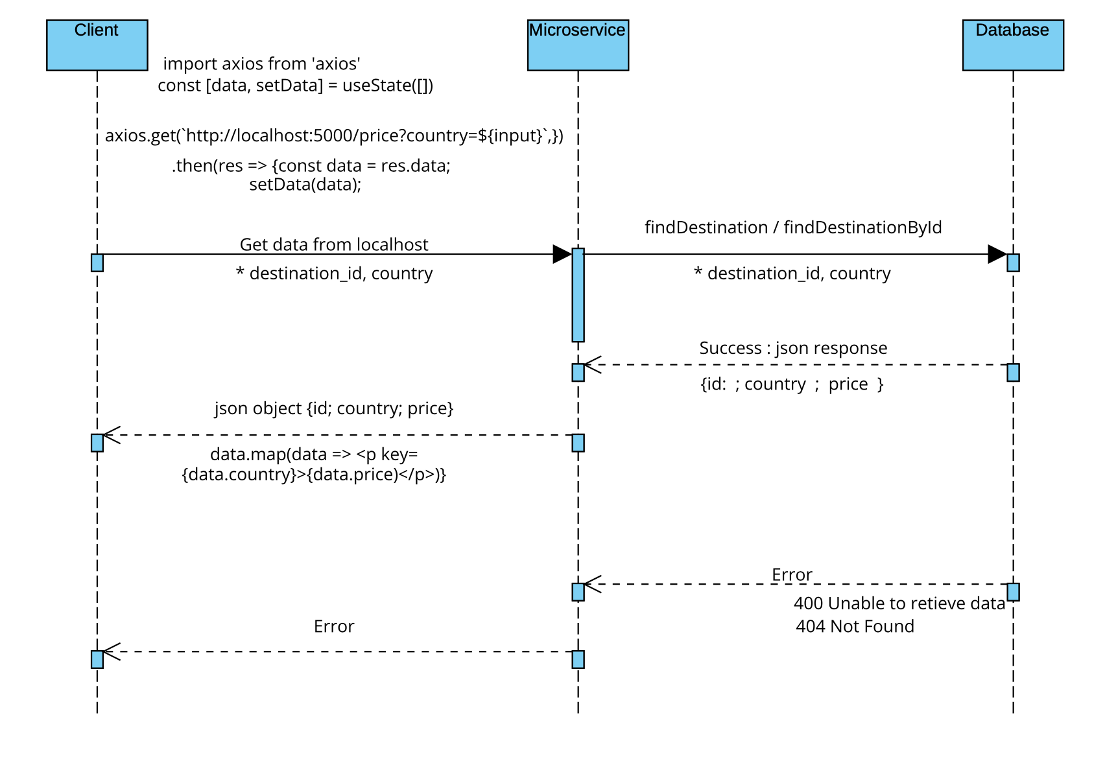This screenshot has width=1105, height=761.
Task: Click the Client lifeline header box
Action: tap(97, 45)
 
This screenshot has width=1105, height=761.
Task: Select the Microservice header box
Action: tap(578, 45)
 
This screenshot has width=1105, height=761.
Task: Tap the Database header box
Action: tap(1013, 45)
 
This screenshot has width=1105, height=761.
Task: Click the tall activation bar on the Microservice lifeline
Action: tap(578, 295)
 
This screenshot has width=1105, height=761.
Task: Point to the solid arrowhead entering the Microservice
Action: tap(562, 254)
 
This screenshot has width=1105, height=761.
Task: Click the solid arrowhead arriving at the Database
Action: tap(997, 254)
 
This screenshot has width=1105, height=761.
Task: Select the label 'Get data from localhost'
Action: tap(334, 244)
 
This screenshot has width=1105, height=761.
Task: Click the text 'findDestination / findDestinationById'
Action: tap(793, 228)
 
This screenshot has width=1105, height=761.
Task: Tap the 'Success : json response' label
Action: tap(793, 348)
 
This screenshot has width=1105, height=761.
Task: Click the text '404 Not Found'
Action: tap(855, 626)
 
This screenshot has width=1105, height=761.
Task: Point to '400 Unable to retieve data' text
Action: tap(899, 603)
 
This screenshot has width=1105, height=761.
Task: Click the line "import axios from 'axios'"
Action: tap(261, 64)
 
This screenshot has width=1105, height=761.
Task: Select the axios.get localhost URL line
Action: tap(334, 135)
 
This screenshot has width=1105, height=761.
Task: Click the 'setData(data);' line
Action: tap(305, 185)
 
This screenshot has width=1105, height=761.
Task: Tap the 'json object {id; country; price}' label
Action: tap(334, 408)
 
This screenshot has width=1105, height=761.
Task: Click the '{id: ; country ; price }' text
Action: tap(792, 384)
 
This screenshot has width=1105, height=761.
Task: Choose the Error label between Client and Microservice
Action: tap(334, 626)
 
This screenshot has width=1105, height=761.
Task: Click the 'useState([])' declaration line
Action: tap(295, 86)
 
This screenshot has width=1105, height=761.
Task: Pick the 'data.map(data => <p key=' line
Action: tap(314, 454)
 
